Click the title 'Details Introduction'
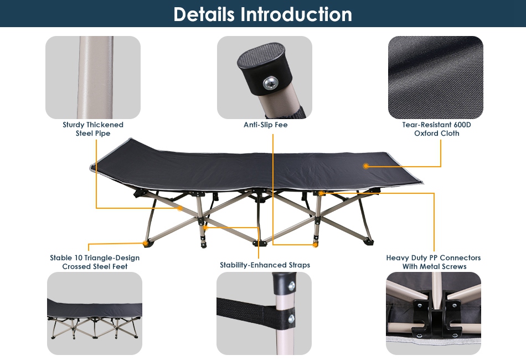(x=262, y=14)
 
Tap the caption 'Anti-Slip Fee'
(x=265, y=125)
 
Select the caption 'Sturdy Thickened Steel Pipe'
(x=93, y=129)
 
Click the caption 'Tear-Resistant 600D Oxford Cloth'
(x=436, y=129)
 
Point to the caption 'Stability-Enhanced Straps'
(x=265, y=265)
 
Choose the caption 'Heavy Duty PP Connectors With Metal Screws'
(x=434, y=262)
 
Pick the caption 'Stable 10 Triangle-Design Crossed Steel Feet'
(x=95, y=262)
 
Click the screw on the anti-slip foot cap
(x=270, y=83)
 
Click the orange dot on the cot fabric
(x=366, y=166)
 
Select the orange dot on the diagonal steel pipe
(x=180, y=208)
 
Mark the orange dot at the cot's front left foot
(x=145, y=243)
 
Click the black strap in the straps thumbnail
(x=255, y=314)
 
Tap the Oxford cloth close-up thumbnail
(x=435, y=78)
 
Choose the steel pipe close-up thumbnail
(x=93, y=78)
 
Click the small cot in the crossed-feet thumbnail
(x=95, y=318)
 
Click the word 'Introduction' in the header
(x=296, y=14)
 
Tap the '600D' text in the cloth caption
(x=462, y=125)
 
